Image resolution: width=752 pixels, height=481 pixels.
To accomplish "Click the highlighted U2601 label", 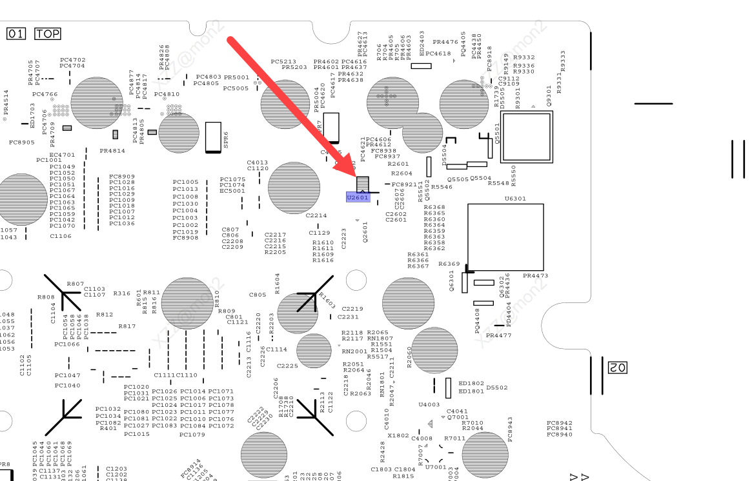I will tap(358, 198).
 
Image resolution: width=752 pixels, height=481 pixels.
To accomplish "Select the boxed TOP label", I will tap(47, 34).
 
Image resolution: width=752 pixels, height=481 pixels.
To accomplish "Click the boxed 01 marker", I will tap(16, 34).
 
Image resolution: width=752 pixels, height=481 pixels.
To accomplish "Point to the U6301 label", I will tap(515, 199).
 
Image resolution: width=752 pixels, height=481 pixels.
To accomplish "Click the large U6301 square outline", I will tap(505, 237).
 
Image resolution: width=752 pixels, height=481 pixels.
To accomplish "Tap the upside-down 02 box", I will tap(616, 368).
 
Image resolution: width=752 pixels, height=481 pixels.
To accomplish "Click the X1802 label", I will tap(398, 436).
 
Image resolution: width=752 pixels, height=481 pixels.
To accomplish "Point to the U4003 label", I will tap(429, 405).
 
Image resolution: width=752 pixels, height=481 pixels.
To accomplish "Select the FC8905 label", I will tap(22, 142).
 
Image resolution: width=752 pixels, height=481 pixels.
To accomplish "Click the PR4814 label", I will tap(112, 151).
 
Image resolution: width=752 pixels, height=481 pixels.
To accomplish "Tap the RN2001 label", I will tap(354, 351).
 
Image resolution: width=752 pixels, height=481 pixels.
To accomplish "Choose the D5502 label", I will tap(497, 388).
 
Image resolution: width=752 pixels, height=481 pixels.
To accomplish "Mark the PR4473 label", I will tap(535, 276).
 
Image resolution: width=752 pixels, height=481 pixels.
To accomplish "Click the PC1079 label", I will tap(192, 435).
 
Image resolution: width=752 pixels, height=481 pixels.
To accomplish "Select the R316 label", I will tap(122, 293).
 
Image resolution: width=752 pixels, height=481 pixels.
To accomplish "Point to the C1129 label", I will tap(320, 233).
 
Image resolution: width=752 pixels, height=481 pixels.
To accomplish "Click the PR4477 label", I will tap(498, 335).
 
